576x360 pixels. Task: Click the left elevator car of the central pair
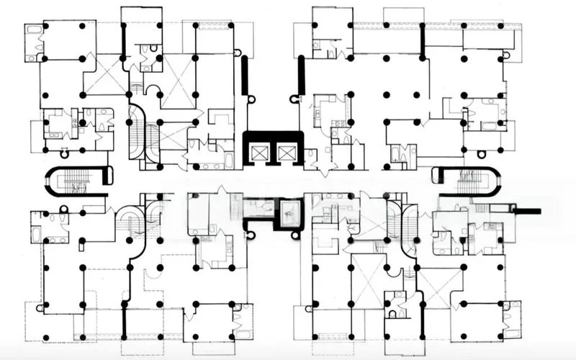[258, 152]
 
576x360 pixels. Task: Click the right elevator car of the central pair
[287, 152]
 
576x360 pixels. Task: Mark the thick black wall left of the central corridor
[245, 76]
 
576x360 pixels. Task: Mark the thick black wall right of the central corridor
[301, 76]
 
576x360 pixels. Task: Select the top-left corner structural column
[45, 26]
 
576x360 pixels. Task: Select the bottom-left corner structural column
[45, 337]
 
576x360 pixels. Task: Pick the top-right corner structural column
[501, 26]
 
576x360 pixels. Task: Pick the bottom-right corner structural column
[502, 337]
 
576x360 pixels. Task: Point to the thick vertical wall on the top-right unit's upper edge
[423, 40]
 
